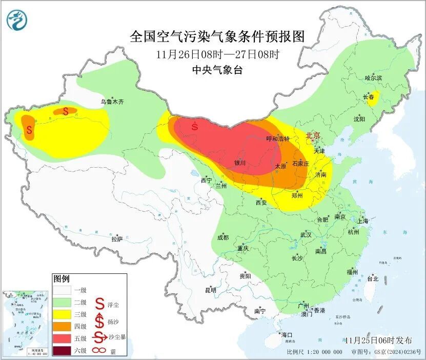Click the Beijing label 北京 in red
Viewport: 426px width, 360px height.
[x=313, y=135]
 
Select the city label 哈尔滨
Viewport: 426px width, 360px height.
[x=373, y=78]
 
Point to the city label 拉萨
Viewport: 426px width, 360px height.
[x=117, y=238]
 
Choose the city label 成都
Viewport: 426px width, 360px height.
[x=222, y=237]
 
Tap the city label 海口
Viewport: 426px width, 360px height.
[x=287, y=335]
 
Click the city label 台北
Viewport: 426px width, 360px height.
[x=372, y=279]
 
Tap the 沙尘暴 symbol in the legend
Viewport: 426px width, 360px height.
[x=98, y=338]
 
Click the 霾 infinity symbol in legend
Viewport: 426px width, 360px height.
[x=98, y=351]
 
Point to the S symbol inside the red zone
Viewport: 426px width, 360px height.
[x=194, y=126]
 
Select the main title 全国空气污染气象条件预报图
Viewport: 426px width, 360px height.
[x=217, y=37]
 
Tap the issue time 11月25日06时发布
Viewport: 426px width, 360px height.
[x=378, y=340]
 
